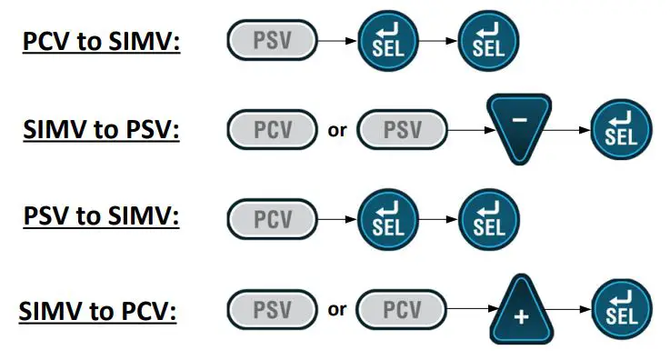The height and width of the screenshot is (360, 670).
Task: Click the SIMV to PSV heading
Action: coord(101,129)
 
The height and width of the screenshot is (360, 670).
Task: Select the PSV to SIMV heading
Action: coord(101,219)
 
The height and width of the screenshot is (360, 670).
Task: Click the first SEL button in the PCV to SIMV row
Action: coord(387,42)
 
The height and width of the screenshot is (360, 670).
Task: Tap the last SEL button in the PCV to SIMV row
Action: coord(487,42)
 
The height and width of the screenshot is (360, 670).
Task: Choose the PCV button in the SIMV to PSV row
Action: coord(271,130)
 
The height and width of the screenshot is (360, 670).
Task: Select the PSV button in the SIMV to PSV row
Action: coord(403,130)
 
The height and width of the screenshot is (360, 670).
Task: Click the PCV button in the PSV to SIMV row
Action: coord(271,219)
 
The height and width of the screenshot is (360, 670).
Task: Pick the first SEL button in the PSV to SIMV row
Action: coord(387,219)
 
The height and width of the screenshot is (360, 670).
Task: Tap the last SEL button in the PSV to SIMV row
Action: coord(487,219)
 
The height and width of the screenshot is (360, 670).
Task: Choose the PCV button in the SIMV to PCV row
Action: coord(403,308)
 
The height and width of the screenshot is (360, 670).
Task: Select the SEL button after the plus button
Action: coord(622,309)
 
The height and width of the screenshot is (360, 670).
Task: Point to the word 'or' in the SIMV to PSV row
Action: coord(337,130)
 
